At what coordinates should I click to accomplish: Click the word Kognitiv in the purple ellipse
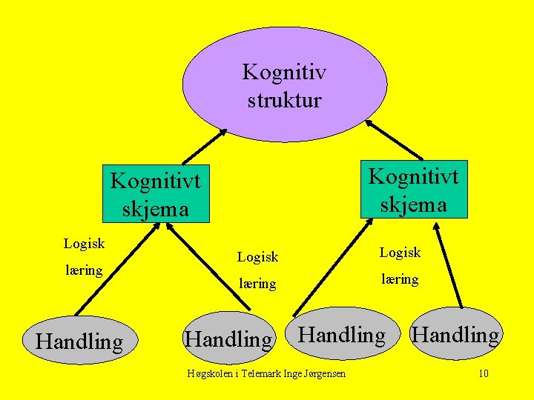(x=284, y=73)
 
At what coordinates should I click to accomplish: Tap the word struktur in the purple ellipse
(x=284, y=99)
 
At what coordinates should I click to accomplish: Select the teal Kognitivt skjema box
(x=414, y=189)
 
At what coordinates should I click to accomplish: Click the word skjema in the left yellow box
(x=156, y=209)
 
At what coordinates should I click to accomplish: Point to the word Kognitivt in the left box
(x=156, y=181)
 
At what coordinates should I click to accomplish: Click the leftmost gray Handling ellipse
(x=79, y=341)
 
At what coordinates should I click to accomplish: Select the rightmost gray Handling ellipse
(x=455, y=335)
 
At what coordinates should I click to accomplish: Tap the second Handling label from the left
(x=228, y=339)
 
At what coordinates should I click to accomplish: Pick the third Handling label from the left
(x=342, y=335)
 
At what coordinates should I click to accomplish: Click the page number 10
(x=483, y=373)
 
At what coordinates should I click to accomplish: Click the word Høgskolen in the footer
(x=210, y=373)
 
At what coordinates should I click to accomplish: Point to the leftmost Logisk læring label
(x=84, y=256)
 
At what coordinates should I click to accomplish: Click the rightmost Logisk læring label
(x=400, y=266)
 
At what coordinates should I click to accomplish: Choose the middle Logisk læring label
(x=257, y=270)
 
